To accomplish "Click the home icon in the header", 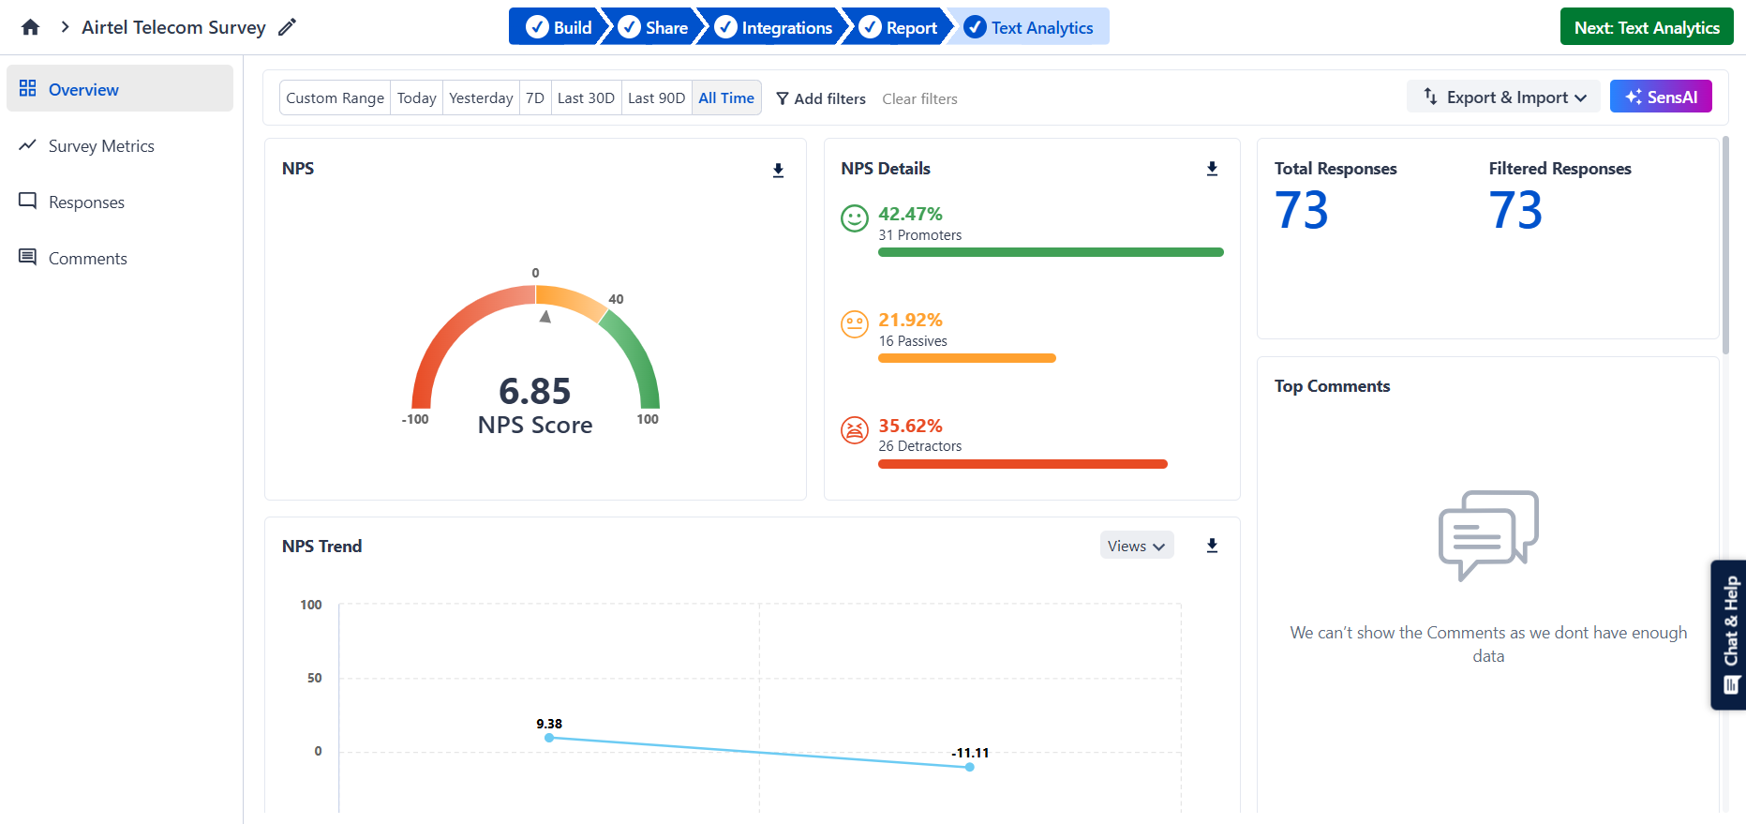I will click(x=31, y=27).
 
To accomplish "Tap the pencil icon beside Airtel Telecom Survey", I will click(x=288, y=27).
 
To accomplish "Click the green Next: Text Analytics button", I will click(x=1646, y=27).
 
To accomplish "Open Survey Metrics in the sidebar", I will click(x=101, y=146).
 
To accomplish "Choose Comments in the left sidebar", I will click(x=87, y=259).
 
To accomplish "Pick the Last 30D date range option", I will click(x=586, y=97).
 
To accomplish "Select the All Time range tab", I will click(x=726, y=97).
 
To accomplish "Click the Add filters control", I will click(x=821, y=98).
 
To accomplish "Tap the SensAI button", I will click(x=1661, y=97).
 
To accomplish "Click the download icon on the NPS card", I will click(x=778, y=170).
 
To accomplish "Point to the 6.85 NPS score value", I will click(x=535, y=391).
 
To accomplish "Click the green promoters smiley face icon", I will click(x=855, y=218).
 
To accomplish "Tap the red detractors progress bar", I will click(x=1022, y=464).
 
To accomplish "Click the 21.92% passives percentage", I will click(x=910, y=320).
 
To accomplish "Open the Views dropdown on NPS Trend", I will click(x=1136, y=546).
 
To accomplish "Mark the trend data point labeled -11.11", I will click(x=970, y=767).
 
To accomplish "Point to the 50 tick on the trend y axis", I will click(x=315, y=678).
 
